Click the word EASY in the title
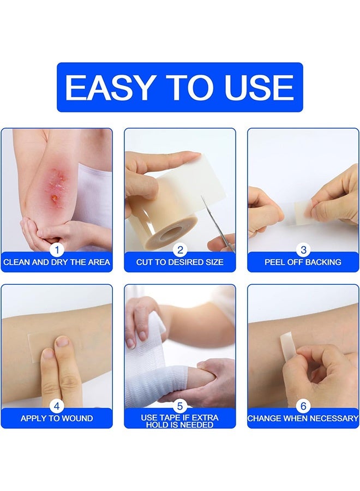coord(106,87)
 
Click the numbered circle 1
coord(56,250)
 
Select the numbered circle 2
coord(180,250)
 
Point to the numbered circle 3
coord(303,250)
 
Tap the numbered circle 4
coord(56,406)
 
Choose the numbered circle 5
coord(180,406)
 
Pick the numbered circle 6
coord(303,406)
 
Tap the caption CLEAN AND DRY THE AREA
coord(57,262)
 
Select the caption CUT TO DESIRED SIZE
coord(180,262)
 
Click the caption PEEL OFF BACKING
coord(303,262)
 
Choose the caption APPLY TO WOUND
coord(57,418)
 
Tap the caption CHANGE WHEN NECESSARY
coord(303,418)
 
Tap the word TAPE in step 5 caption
coord(171,417)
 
